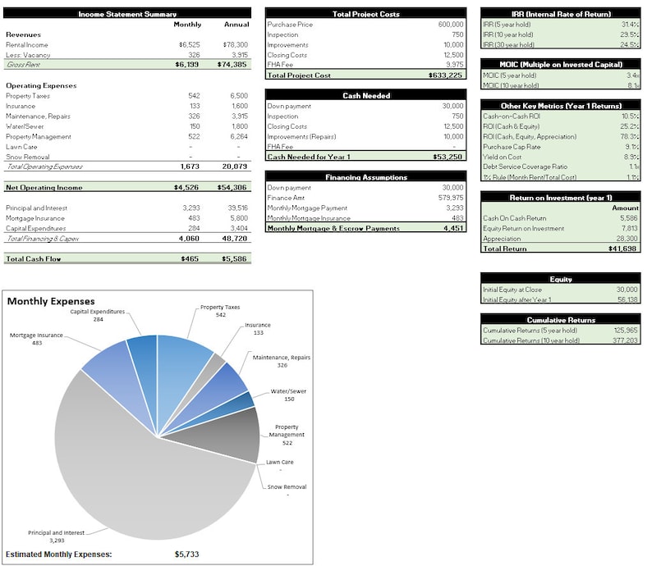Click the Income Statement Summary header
click(127, 14)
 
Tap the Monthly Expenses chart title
click(51, 302)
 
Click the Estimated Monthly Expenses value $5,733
click(186, 555)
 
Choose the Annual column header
click(236, 25)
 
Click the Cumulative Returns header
click(561, 320)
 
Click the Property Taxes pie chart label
click(221, 307)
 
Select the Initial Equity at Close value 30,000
click(626, 290)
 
